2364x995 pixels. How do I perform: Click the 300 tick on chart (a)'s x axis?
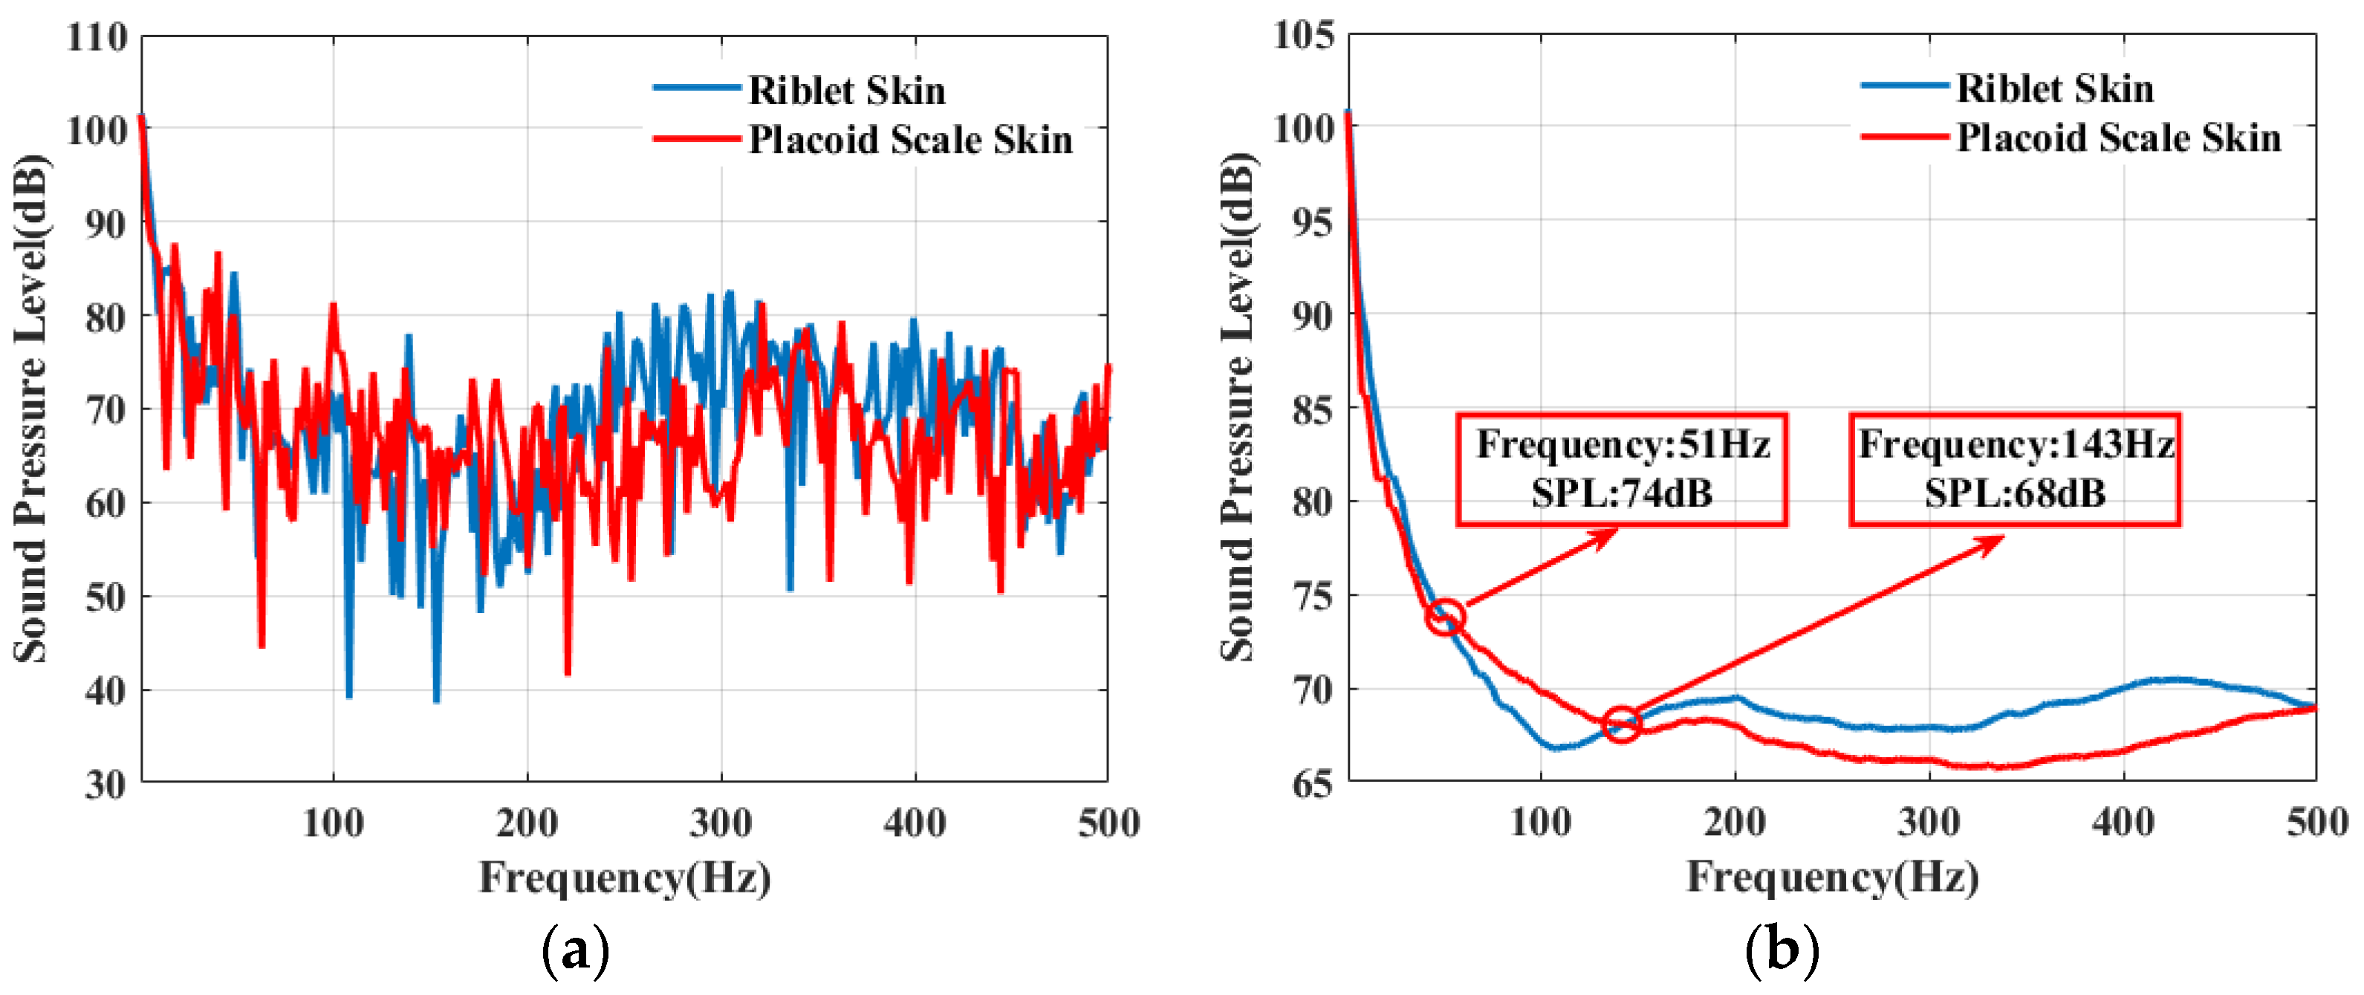point(721,823)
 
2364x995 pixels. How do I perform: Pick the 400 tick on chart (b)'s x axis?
point(2123,822)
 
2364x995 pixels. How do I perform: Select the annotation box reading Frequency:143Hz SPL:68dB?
point(2014,469)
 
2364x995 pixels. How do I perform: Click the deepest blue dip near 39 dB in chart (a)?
point(348,695)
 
